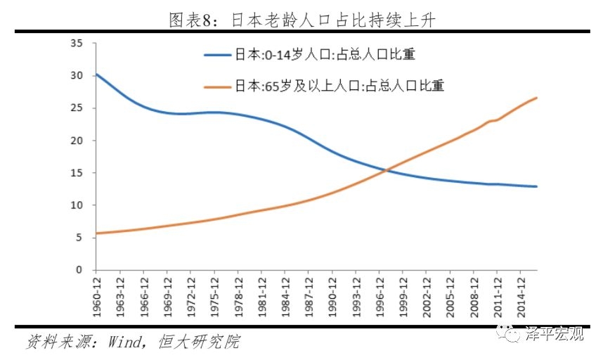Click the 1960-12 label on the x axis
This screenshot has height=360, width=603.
[x=96, y=296]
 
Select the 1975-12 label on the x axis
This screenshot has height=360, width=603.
[x=214, y=296]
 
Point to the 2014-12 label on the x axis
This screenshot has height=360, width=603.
[x=519, y=296]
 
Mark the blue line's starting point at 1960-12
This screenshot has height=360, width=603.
[x=96, y=73]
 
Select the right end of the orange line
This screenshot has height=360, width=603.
[x=537, y=98]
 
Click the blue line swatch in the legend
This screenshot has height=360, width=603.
[x=219, y=55]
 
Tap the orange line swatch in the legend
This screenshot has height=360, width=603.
[x=219, y=86]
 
